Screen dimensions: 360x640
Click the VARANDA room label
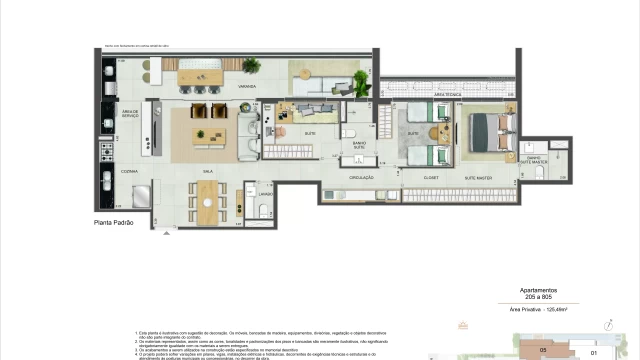point(247,87)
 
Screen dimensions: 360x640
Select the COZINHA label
point(129,171)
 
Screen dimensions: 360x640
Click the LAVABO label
point(265,193)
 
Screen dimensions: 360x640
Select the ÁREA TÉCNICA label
point(432,93)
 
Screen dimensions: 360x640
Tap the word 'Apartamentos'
point(541,291)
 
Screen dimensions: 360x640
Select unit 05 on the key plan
point(543,350)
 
